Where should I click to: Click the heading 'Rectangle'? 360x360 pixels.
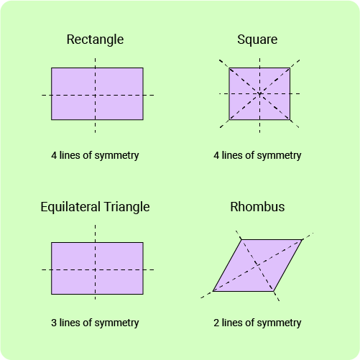[x=95, y=40]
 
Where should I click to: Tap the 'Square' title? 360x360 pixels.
[x=257, y=40]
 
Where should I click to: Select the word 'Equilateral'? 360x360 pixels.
[x=70, y=207]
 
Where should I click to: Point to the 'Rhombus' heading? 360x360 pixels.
[x=257, y=207]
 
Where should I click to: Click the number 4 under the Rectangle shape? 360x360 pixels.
[x=54, y=155]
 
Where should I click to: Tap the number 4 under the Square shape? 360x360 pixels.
[x=216, y=155]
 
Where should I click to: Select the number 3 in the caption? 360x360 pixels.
[x=54, y=323]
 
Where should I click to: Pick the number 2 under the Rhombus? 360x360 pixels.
[x=216, y=323]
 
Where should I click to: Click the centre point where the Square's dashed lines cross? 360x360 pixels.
[x=259, y=93]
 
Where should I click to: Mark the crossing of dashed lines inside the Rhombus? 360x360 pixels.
[x=257, y=265]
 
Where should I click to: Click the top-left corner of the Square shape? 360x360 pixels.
[x=229, y=68]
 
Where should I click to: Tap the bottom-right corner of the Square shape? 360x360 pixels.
[x=290, y=119]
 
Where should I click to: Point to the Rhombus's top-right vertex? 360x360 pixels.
[x=302, y=239]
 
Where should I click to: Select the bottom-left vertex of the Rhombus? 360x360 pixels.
[x=213, y=291]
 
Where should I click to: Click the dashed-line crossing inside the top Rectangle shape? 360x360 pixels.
[x=95, y=95]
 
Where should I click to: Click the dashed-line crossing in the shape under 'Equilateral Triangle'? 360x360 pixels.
[x=95, y=269]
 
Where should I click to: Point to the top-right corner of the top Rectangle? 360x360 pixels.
[x=143, y=68]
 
